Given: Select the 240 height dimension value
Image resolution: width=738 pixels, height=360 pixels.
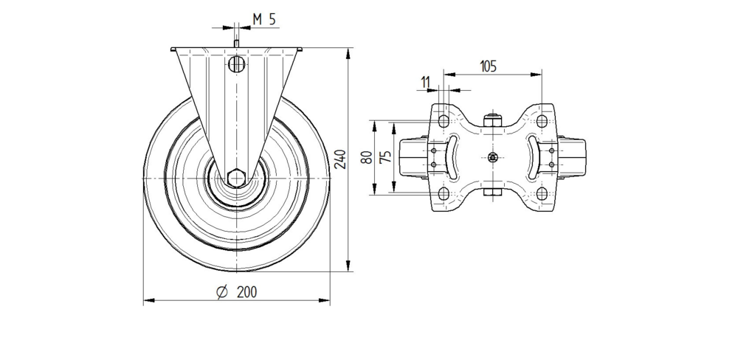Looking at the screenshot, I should click(340, 159).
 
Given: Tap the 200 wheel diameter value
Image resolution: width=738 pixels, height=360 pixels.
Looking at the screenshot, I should click(246, 292).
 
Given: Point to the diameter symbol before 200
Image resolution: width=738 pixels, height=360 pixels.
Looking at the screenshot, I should click(221, 292).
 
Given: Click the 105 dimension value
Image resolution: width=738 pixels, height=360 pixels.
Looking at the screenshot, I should click(488, 66).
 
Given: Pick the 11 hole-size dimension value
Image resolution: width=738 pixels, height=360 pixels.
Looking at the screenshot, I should click(427, 80).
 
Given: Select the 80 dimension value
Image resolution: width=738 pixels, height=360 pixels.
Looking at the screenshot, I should click(365, 157).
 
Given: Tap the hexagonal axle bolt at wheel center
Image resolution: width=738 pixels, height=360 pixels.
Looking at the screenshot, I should click(236, 178).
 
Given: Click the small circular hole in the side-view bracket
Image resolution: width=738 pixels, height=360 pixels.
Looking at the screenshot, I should click(236, 64).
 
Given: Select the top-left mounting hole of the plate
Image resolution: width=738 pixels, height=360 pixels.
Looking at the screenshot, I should click(444, 121).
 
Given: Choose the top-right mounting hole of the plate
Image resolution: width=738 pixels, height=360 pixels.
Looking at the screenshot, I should click(542, 121).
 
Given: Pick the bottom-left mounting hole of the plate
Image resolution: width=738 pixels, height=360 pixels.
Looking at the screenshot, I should click(444, 193).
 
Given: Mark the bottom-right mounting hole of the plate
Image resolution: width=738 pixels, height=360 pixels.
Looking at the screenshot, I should click(542, 193).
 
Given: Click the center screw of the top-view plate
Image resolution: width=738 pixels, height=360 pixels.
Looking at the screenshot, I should click(492, 157).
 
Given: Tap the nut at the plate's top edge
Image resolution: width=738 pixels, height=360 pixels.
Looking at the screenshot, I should click(492, 118).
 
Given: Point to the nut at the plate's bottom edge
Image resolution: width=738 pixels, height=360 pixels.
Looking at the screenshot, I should click(492, 195).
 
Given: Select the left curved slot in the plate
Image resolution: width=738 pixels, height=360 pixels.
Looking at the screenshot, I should click(454, 156).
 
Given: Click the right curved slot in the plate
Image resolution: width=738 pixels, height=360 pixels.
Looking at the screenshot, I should click(531, 156).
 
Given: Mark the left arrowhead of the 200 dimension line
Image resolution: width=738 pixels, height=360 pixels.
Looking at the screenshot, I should click(146, 301).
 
